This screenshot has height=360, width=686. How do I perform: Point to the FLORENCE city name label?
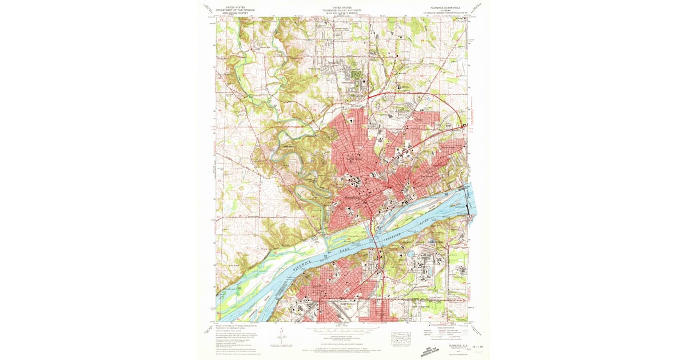(x=353, y=198)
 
